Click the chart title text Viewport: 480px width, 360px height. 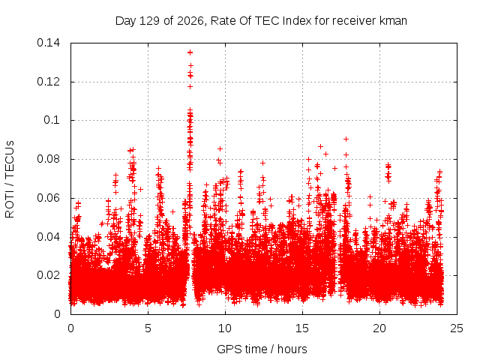(261, 21)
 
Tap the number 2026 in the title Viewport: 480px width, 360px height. (190, 21)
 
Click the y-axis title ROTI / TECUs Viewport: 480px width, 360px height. (10, 179)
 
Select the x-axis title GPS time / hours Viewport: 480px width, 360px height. (262, 349)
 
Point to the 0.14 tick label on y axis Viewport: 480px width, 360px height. (48, 43)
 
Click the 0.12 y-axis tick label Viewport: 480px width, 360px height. (48, 82)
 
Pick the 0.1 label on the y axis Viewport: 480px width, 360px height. (52, 120)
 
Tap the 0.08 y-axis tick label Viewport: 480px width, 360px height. (48, 159)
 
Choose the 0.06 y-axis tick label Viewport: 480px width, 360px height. (48, 198)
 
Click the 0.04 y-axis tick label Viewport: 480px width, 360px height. (48, 237)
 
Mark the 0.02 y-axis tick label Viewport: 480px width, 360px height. (48, 275)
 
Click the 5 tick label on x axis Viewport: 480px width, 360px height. (148, 328)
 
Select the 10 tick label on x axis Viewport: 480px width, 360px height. (225, 328)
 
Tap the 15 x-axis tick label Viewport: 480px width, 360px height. (302, 328)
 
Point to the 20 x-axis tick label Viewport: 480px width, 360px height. (379, 328)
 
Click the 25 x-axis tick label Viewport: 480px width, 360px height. (457, 328)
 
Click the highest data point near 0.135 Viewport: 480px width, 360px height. (190, 52)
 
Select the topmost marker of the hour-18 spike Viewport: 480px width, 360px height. (346, 139)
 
